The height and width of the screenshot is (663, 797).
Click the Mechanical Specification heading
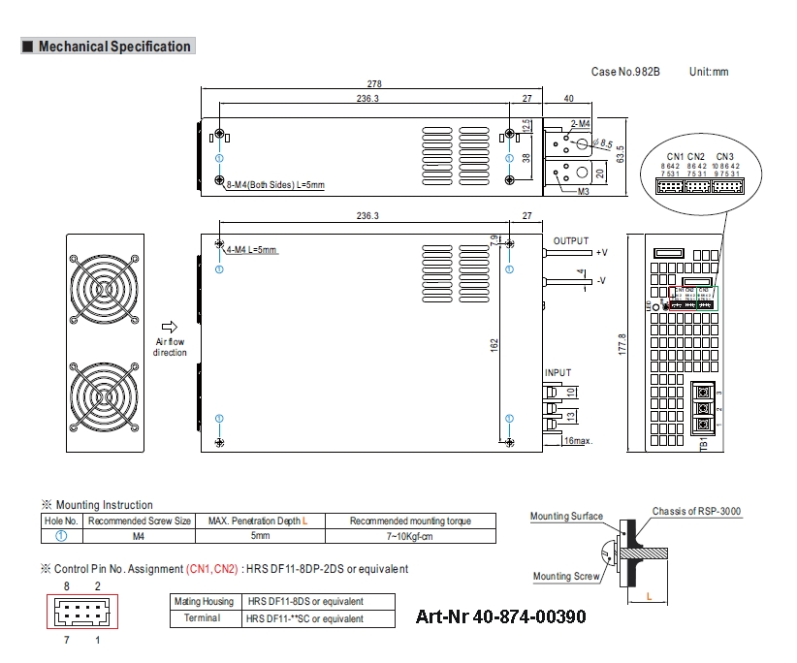click(113, 47)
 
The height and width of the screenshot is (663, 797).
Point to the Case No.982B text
click(624, 72)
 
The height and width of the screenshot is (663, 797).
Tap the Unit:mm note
click(708, 72)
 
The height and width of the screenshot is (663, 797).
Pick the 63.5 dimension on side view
click(618, 154)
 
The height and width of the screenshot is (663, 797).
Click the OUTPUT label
click(570, 240)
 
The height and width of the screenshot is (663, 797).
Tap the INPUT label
click(558, 372)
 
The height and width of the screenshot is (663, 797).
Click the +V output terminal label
click(601, 252)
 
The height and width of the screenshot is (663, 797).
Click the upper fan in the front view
click(106, 287)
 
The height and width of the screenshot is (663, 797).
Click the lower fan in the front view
click(106, 399)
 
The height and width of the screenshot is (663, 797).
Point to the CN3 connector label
click(725, 156)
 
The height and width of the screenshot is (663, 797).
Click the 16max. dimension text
click(577, 441)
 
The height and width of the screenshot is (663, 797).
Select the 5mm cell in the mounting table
click(260, 535)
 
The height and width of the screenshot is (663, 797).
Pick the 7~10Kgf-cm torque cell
click(410, 535)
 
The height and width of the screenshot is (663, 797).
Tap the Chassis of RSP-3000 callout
click(696, 510)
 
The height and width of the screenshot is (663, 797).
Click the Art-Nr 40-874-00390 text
click(499, 616)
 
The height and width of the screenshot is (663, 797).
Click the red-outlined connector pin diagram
click(83, 611)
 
